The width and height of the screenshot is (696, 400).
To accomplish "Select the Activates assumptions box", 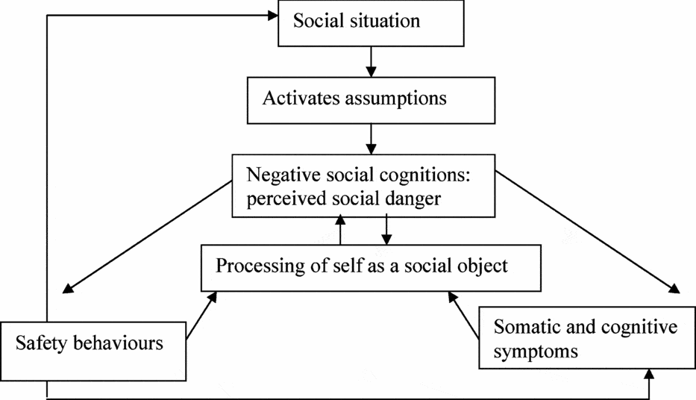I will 371,99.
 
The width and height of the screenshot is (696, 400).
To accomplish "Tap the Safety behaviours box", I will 93,344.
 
